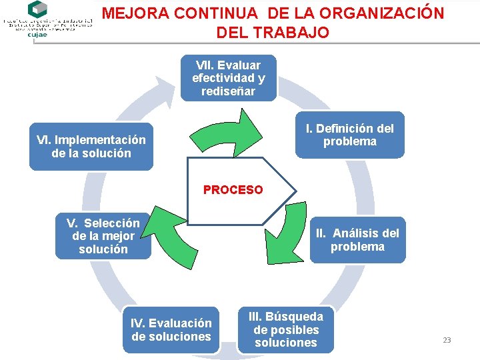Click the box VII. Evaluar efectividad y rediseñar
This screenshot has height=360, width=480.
coord(228,78)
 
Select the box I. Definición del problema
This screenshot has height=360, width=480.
coord(349,135)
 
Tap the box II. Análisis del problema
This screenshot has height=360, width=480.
coord(357,240)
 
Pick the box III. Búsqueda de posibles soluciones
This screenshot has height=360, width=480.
coord(285,329)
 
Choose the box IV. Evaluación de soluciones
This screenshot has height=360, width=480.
coord(171,330)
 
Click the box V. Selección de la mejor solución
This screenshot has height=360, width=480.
coord(103,236)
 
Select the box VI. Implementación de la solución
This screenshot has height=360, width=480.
coord(91,147)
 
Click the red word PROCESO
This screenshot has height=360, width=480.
coord(233,190)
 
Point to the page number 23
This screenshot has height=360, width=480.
coord(447,340)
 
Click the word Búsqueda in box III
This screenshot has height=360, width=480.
coord(294,317)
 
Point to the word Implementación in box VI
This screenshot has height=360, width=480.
coord(100,140)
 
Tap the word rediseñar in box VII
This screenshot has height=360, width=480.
coord(228,91)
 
